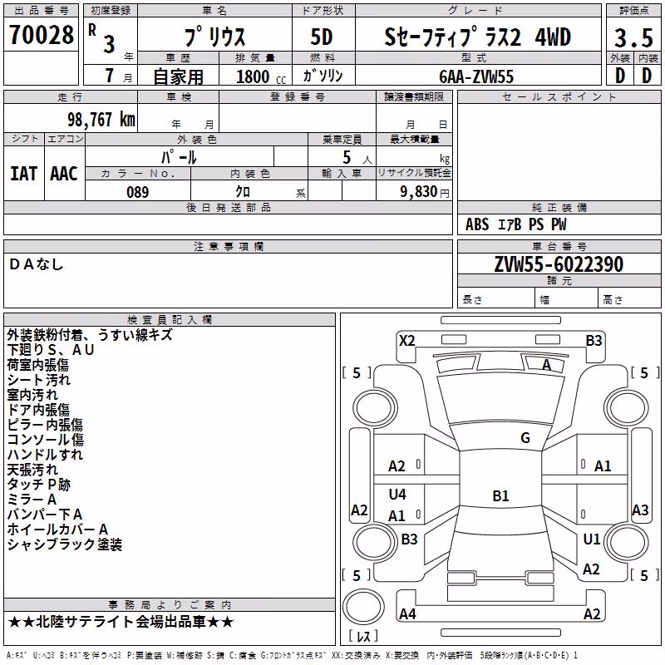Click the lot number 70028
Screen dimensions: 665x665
point(41,35)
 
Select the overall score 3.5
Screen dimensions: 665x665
point(633,37)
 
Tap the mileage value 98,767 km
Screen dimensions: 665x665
point(101,120)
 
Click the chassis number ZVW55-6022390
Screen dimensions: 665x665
point(559,264)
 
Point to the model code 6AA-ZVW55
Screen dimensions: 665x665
point(476,76)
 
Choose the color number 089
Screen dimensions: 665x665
point(138,192)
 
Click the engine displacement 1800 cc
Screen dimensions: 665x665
point(261,77)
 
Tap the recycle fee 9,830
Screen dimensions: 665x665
point(418,192)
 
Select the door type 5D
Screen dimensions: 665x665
point(322,37)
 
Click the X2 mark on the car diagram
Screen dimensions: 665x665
point(407,341)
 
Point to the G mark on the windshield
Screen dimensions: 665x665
point(525,438)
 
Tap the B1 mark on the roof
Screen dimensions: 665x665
point(500,495)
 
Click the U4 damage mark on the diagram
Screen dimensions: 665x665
point(397,494)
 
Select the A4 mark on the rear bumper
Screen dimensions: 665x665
point(407,613)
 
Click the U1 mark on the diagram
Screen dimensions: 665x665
point(592,539)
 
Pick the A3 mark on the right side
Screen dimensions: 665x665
point(640,510)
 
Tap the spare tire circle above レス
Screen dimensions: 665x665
point(363,607)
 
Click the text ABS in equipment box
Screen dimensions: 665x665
point(477,224)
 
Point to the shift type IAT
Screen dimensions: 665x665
point(23,174)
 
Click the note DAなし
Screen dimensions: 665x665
point(36,264)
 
